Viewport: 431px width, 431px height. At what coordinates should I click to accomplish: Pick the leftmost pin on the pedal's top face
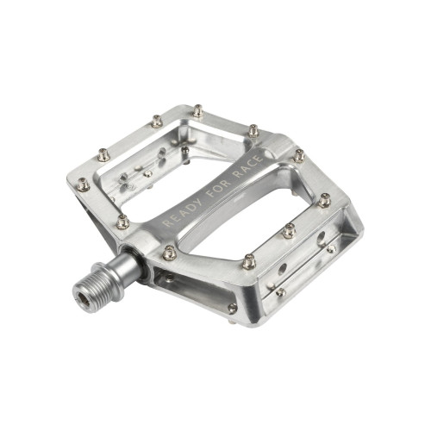tap(84, 184)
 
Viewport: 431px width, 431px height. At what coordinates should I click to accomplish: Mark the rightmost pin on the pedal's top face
tap(325, 201)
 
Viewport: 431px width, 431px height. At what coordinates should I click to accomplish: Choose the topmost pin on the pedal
tap(198, 110)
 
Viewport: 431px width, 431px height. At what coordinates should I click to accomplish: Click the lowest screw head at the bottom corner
tap(232, 308)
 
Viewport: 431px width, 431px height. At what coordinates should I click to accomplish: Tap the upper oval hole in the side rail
tap(321, 234)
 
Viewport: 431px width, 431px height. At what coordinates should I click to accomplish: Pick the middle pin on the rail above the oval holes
tap(289, 230)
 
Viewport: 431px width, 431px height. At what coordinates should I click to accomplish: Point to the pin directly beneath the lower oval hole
tap(280, 291)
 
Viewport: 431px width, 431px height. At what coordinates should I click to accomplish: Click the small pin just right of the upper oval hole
tap(332, 249)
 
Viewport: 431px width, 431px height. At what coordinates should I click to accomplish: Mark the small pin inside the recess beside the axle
tap(169, 278)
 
